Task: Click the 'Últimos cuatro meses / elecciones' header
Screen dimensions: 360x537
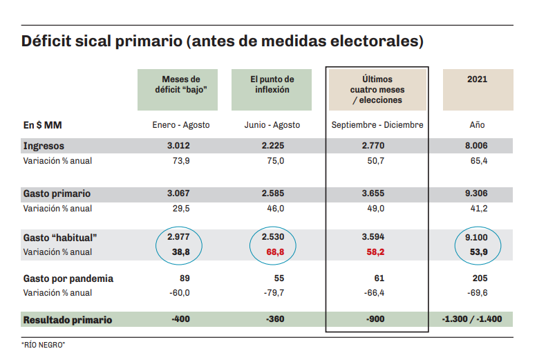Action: (x=377, y=90)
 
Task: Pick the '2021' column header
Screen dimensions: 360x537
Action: (x=478, y=79)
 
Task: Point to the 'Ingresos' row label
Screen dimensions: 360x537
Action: (x=44, y=146)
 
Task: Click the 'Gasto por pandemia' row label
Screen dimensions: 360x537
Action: (x=68, y=279)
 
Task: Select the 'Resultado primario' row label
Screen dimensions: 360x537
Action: (x=68, y=321)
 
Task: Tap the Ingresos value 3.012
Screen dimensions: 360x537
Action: (x=178, y=146)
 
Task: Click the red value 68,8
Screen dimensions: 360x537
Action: (x=272, y=252)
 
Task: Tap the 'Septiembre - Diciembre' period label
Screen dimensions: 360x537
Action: (x=377, y=126)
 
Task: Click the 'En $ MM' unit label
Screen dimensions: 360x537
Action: (x=43, y=126)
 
